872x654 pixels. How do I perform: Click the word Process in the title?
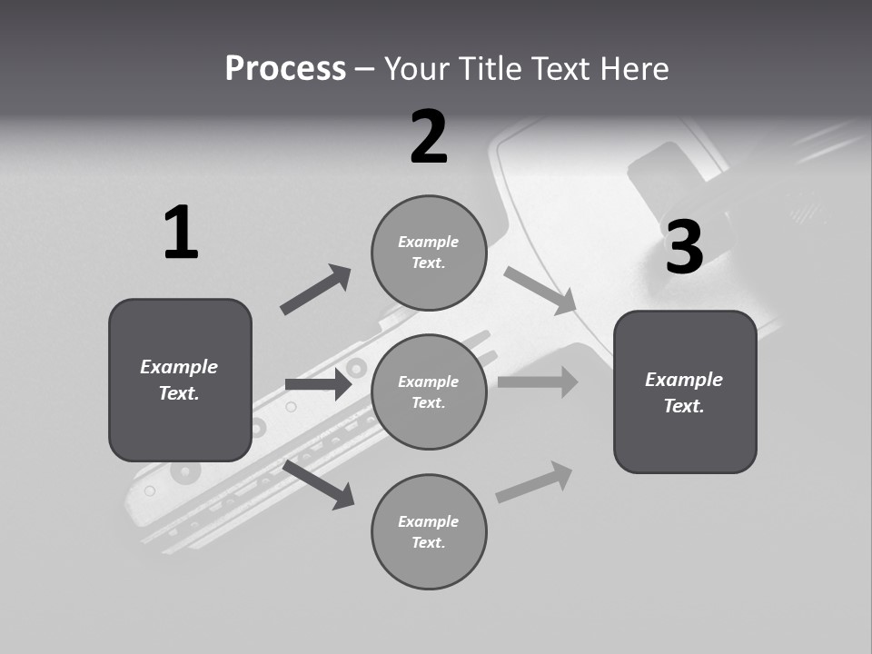click(285, 69)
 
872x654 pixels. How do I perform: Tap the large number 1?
click(181, 233)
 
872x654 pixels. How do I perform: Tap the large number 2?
click(429, 138)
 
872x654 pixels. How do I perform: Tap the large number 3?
click(684, 248)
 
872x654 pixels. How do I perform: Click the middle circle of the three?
click(429, 391)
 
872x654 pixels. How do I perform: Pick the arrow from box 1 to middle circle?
click(318, 384)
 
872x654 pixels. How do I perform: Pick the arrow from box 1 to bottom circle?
click(319, 484)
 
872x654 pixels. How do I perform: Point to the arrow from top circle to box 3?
click(540, 292)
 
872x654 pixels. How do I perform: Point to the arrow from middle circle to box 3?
click(538, 381)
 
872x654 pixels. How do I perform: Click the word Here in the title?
click(635, 69)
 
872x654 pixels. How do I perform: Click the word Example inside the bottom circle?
click(428, 521)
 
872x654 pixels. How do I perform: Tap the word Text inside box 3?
click(683, 406)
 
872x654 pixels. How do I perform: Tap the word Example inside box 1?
click(179, 367)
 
